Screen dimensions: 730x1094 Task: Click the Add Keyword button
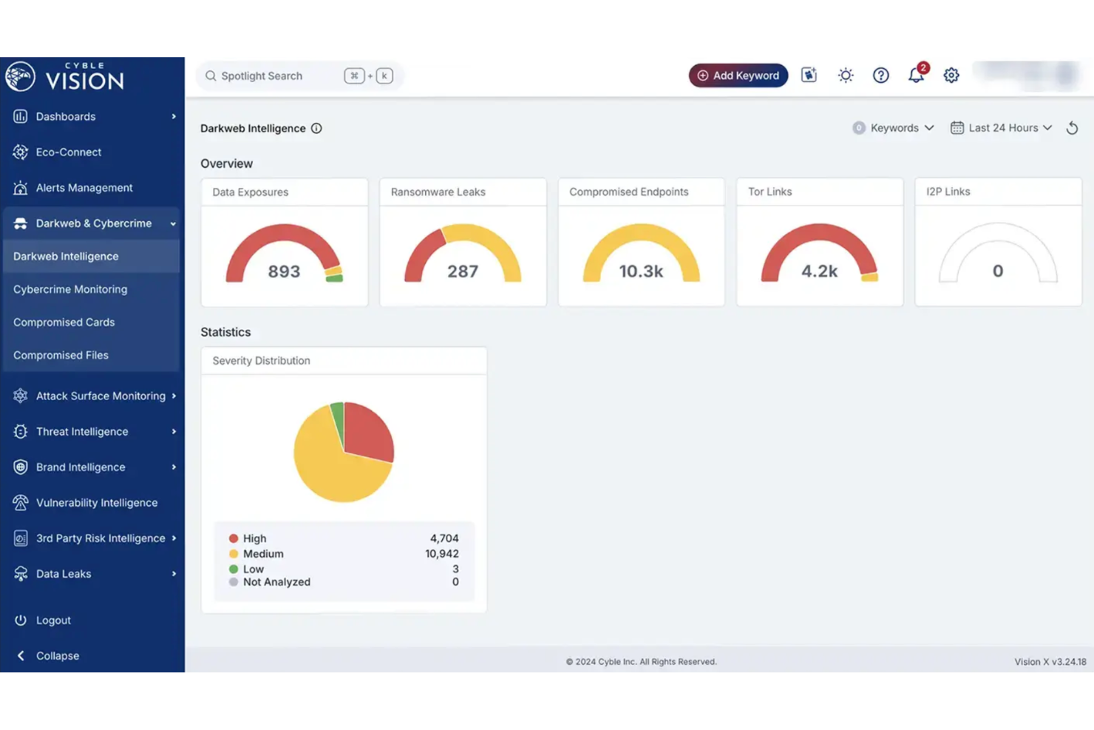[x=738, y=75]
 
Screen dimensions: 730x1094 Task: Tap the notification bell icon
[x=916, y=75]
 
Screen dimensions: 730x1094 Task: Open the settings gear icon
[x=951, y=75]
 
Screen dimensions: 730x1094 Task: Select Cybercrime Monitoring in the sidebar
[x=70, y=289]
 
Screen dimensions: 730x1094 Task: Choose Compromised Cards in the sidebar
[x=64, y=322]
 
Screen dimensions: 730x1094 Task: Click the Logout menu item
[x=53, y=621]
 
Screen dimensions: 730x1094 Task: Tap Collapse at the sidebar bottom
[x=57, y=656]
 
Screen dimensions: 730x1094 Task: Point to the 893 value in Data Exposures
[x=284, y=271]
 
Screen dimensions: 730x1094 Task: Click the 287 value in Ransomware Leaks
[x=463, y=271]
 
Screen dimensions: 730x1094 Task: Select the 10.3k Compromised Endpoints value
[x=641, y=271]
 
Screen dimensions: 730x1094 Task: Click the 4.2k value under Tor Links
[x=819, y=271]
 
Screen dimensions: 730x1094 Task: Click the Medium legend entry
[x=263, y=554]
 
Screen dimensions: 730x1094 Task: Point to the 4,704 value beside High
[x=444, y=538]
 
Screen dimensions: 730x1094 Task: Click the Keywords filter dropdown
[x=894, y=128]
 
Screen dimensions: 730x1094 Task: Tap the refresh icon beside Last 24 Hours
[x=1072, y=128]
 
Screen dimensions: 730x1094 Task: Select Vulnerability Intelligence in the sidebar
[x=96, y=503]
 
